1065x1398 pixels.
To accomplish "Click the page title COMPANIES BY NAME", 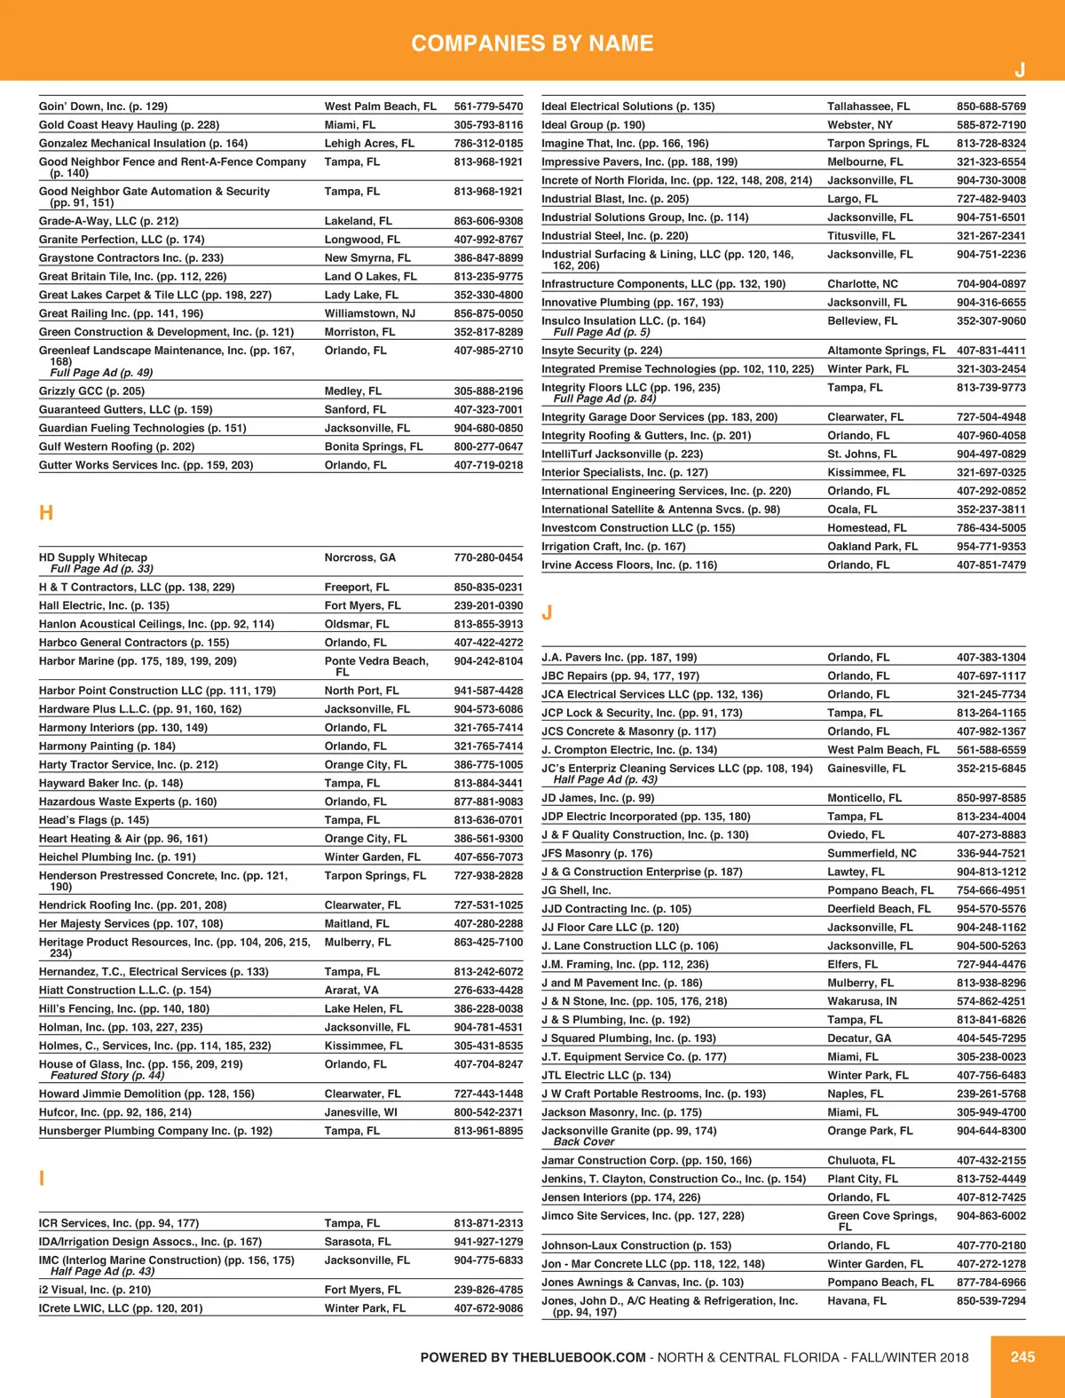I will [x=532, y=43].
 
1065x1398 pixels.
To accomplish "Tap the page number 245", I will [x=1022, y=1356].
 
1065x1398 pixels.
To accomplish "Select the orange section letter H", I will [x=46, y=513].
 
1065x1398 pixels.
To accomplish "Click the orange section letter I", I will [x=42, y=1179].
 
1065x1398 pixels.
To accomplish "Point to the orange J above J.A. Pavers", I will [x=547, y=612].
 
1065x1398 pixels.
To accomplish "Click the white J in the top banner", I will [x=1020, y=70].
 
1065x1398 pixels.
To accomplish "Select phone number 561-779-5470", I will [x=488, y=107].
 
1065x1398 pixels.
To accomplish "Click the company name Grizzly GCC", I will [x=71, y=391].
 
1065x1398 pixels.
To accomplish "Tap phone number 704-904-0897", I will [x=990, y=284].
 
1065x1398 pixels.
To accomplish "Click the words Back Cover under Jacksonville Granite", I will [x=584, y=1141].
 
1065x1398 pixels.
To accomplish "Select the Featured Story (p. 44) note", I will [x=107, y=1075].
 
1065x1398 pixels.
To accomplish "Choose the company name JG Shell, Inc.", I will [x=576, y=890].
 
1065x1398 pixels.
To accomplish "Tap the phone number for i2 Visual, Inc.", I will [x=488, y=1290].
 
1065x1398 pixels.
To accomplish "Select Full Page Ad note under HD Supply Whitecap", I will [x=102, y=569].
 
